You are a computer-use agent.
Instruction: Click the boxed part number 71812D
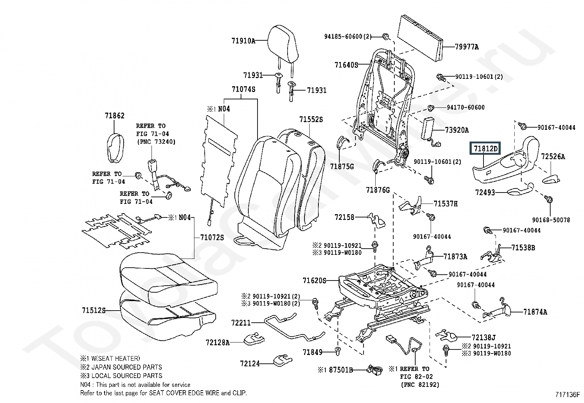(485, 149)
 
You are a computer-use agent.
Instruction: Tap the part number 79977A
(467, 47)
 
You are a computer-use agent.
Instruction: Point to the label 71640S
(346, 65)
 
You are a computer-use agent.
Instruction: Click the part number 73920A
(456, 130)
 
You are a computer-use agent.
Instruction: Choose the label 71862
(115, 116)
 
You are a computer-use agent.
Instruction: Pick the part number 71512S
(94, 311)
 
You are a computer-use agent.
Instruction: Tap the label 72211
(241, 323)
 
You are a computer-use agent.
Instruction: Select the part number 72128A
(218, 342)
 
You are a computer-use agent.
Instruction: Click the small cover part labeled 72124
(282, 360)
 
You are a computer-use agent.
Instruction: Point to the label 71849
(312, 352)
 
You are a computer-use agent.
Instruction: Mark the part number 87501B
(341, 370)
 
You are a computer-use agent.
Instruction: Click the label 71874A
(535, 312)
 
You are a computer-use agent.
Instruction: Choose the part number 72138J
(483, 338)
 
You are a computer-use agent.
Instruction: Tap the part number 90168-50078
(551, 220)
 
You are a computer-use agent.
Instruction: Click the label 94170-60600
(466, 107)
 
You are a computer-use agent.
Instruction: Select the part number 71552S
(311, 120)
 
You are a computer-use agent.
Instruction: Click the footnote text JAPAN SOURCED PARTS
(127, 367)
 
